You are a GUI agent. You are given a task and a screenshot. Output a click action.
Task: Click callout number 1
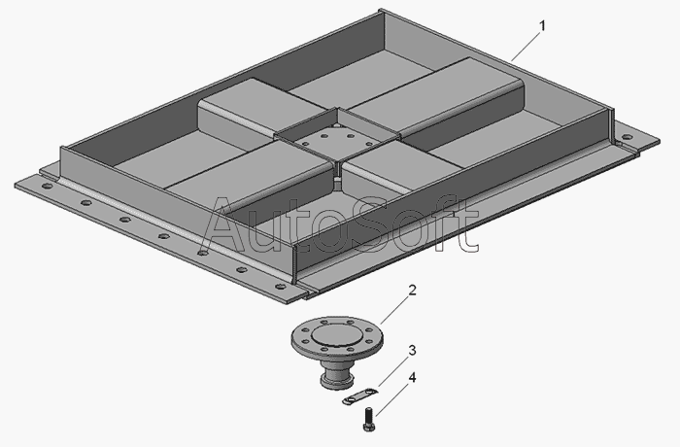(x=542, y=26)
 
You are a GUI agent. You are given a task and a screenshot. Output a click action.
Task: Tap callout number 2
(x=413, y=290)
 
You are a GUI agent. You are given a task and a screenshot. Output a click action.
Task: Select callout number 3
(x=412, y=350)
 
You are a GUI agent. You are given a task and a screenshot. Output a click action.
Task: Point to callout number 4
(x=412, y=378)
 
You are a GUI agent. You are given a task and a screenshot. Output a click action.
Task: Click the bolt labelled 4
(x=368, y=419)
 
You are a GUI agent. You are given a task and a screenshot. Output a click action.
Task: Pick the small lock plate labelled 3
(x=358, y=396)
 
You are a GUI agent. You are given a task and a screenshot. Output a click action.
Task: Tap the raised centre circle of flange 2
(x=336, y=336)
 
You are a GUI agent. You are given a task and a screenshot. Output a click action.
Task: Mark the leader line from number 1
(x=526, y=47)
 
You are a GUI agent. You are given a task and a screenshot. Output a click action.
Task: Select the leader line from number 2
(x=394, y=310)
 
